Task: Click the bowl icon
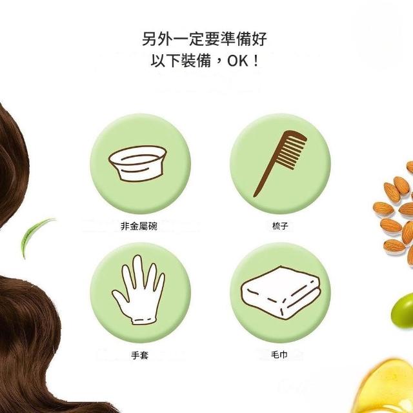[x=137, y=163]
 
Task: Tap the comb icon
[x=279, y=163]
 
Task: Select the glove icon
[x=139, y=290]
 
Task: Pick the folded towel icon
[x=281, y=292]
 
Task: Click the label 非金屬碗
[x=139, y=227]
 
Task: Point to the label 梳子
[x=280, y=226]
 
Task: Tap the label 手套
[x=140, y=356]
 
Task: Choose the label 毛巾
[x=279, y=355]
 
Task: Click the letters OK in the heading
[x=238, y=61]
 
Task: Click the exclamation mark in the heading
[x=256, y=61]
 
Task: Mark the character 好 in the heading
[x=259, y=39]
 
